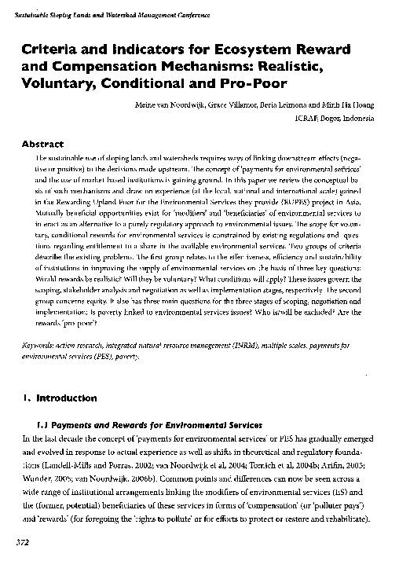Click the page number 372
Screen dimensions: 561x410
[x=17, y=542]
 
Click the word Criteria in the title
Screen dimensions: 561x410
[x=51, y=49]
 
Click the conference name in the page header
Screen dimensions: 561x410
[x=101, y=6]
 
